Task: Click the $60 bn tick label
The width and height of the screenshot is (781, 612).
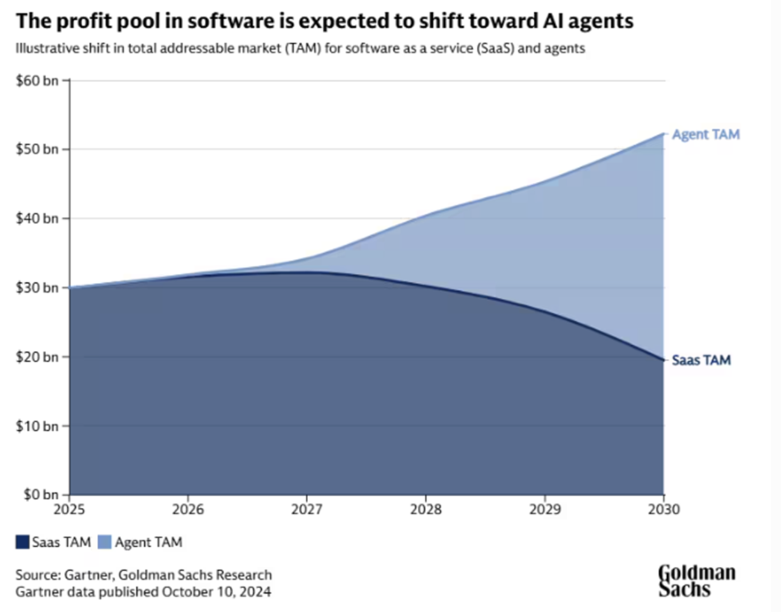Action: pyautogui.click(x=37, y=81)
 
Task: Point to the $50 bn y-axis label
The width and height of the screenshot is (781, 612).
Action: pyautogui.click(x=37, y=149)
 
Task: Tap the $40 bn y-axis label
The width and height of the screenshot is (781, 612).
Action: pyautogui.click(x=37, y=218)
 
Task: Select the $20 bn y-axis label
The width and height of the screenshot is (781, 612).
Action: pyautogui.click(x=37, y=357)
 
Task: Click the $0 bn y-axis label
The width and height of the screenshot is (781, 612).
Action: pyautogui.click(x=40, y=495)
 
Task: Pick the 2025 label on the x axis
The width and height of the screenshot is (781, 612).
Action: pyautogui.click(x=69, y=510)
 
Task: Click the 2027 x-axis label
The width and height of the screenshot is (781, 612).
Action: pyautogui.click(x=307, y=510)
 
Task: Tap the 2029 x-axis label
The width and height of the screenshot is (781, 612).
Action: pyautogui.click(x=545, y=510)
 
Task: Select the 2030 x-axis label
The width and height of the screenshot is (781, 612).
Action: pyautogui.click(x=664, y=510)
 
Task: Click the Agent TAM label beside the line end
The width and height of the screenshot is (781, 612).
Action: pyautogui.click(x=705, y=135)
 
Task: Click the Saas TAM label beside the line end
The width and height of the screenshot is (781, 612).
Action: pyautogui.click(x=701, y=360)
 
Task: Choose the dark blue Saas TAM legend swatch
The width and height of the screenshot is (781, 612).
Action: pyautogui.click(x=22, y=542)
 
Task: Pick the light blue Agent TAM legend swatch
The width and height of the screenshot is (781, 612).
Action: pyautogui.click(x=105, y=542)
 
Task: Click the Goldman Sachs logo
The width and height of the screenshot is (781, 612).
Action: pyautogui.click(x=697, y=581)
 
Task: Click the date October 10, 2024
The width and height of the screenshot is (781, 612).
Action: pyautogui.click(x=217, y=592)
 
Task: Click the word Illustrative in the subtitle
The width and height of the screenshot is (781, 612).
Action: pyautogui.click(x=47, y=49)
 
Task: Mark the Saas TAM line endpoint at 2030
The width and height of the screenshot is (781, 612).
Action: pyautogui.click(x=664, y=360)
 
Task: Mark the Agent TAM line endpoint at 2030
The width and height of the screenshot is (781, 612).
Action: pyautogui.click(x=664, y=134)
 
